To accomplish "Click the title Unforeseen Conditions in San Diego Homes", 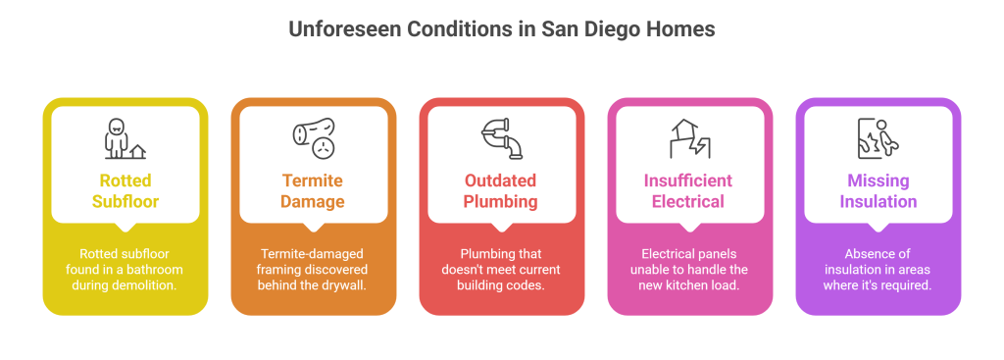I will pos(501,29).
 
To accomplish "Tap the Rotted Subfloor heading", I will pos(125,191).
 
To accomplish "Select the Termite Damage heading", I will pos(313,191).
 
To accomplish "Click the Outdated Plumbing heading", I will pos(501,191).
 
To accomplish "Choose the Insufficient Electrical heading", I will pos(688,191).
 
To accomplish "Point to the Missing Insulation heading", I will pos(878,191).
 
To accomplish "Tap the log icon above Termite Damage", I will pos(313,140).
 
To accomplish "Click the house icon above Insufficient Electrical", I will pos(688,139).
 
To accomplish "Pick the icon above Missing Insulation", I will pos(878,139).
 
